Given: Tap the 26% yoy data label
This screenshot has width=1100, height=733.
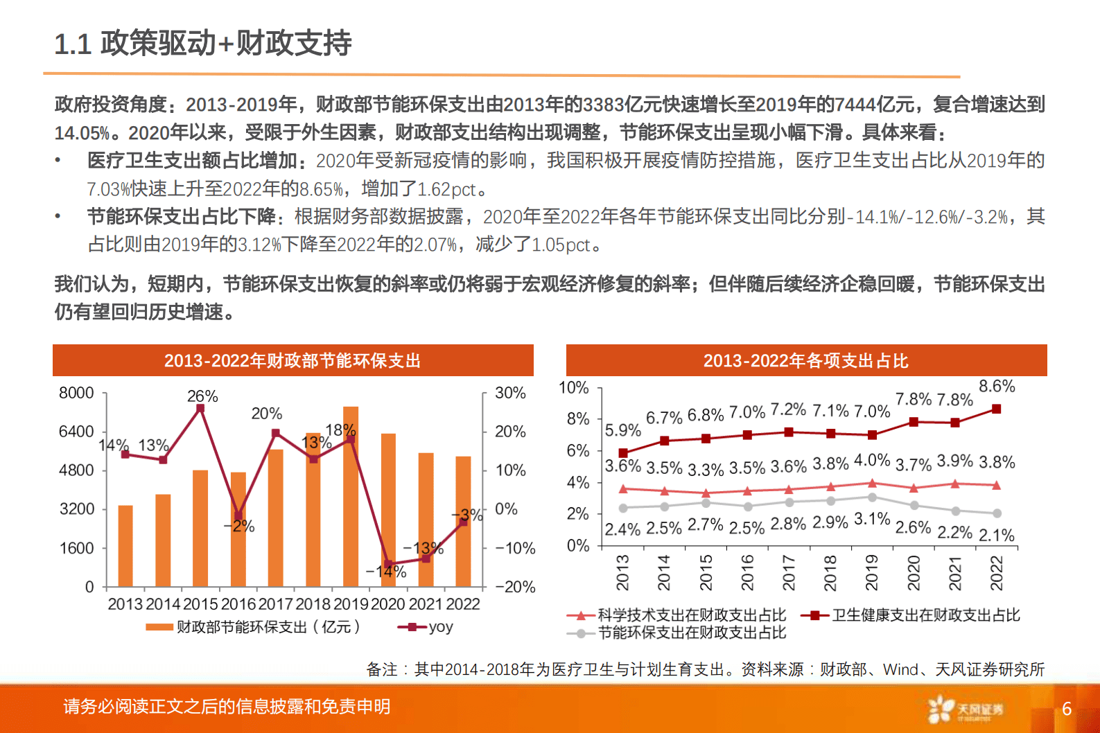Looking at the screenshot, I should [x=202, y=396].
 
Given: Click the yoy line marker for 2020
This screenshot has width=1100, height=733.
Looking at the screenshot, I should [x=388, y=564].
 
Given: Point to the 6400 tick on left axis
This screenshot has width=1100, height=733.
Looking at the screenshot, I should [x=76, y=432].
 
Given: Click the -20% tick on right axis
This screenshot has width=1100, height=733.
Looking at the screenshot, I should [x=515, y=587].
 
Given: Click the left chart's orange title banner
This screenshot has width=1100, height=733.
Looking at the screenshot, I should [x=293, y=360].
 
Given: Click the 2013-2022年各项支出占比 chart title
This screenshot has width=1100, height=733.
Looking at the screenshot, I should [x=805, y=360].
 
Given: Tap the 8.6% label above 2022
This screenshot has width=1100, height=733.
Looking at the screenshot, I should [x=997, y=387].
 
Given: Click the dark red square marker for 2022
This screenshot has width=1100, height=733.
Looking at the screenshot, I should [x=997, y=409].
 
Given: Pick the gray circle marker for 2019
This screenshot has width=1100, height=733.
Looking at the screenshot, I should [x=872, y=497].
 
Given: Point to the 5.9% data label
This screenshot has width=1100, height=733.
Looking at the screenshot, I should [x=622, y=430].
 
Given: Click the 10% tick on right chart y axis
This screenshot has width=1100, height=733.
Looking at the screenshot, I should [x=573, y=388].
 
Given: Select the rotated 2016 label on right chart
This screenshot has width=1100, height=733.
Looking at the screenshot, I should [x=747, y=572].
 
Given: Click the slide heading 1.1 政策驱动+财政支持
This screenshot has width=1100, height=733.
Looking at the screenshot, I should [x=203, y=44].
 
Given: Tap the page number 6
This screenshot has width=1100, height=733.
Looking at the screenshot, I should [x=1067, y=709].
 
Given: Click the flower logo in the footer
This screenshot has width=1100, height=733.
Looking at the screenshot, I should [x=941, y=709].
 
